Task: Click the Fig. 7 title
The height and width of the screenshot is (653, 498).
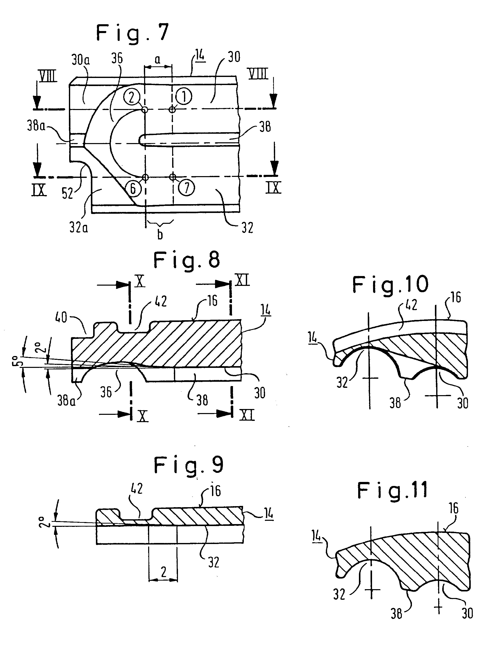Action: pyautogui.click(x=133, y=34)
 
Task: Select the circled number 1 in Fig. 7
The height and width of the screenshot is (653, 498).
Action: pyautogui.click(x=184, y=97)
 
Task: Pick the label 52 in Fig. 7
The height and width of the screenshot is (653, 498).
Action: pyautogui.click(x=67, y=193)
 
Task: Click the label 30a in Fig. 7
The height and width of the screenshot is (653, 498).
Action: pyautogui.click(x=81, y=60)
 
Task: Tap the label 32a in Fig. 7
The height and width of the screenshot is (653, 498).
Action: pyautogui.click(x=79, y=228)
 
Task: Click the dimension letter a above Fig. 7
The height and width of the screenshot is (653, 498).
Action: pyautogui.click(x=158, y=60)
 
